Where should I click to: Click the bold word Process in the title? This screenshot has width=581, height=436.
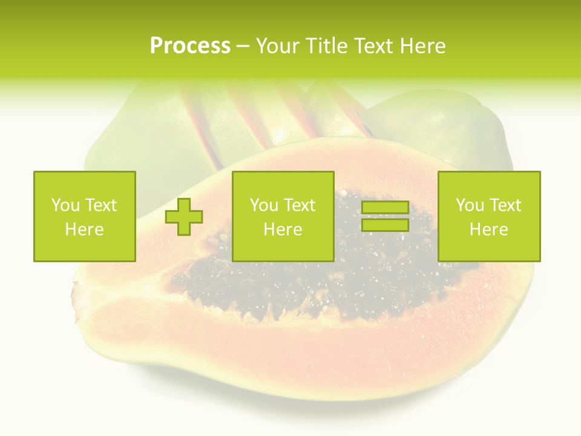(x=190, y=46)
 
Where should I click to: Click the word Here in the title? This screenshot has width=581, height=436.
(x=424, y=46)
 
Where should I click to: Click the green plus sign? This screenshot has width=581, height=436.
(x=184, y=217)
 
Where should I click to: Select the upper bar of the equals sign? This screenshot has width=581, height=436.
(x=385, y=208)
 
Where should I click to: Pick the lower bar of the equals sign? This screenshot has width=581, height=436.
(x=385, y=225)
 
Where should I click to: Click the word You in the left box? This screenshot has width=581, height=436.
(x=65, y=205)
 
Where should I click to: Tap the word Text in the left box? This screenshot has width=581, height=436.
(x=100, y=205)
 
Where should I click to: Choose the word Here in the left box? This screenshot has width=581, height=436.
(x=84, y=230)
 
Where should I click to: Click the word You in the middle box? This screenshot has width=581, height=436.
(x=263, y=205)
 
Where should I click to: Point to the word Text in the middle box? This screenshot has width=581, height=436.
(x=299, y=205)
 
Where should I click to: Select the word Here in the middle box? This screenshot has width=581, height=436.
(x=283, y=230)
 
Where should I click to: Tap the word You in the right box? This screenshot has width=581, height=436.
(x=469, y=205)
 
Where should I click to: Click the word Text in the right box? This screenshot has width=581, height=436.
(x=505, y=205)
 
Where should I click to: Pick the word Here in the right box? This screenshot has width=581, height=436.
(x=488, y=230)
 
